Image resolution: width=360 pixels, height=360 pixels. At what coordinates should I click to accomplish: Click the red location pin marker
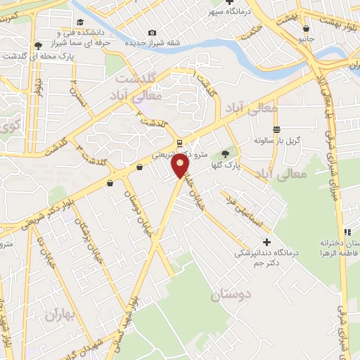[181, 167]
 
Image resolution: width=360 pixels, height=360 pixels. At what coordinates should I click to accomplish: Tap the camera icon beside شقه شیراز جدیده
[152, 33]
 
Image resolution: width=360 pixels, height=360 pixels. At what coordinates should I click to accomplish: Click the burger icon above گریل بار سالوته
[277, 129]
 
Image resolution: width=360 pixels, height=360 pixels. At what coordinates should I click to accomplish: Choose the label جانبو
[306, 39]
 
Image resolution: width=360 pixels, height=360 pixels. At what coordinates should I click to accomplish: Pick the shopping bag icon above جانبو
[306, 27]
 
